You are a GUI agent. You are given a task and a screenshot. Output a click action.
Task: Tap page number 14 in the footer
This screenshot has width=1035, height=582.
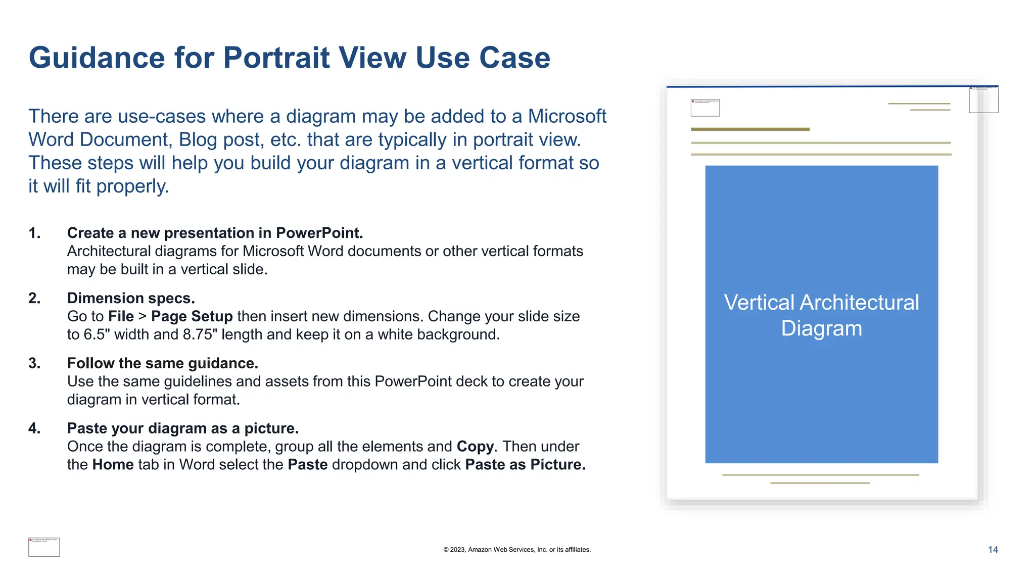coord(993,550)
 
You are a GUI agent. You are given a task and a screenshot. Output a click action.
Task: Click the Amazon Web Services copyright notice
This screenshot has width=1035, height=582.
coord(516,550)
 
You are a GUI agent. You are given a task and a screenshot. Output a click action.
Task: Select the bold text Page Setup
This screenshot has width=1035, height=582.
coord(192,316)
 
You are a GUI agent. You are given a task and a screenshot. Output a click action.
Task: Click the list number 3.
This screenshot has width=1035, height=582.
coord(34,363)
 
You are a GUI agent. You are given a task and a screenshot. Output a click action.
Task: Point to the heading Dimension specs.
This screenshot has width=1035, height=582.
coord(131,298)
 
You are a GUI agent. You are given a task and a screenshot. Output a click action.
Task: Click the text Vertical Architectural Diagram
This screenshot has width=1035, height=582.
coord(821,315)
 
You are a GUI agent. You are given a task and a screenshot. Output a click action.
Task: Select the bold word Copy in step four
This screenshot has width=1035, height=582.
coord(475,447)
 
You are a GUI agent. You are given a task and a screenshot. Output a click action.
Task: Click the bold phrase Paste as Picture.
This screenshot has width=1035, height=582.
coord(525,465)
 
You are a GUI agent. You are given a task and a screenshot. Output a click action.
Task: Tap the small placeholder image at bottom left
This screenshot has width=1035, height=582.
coord(44,547)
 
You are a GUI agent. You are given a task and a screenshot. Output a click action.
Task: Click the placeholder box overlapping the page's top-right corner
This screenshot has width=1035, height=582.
coord(983,100)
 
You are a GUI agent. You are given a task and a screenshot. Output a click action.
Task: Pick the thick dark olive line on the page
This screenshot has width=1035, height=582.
coord(750,129)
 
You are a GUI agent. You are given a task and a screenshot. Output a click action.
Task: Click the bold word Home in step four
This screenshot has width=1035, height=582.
coord(113,465)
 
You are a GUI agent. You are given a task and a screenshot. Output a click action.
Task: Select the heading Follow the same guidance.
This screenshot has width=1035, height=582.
coord(162,363)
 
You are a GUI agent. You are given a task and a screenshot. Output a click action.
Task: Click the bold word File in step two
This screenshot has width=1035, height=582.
coord(121,316)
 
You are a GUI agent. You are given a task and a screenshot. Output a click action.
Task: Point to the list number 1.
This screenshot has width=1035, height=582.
coord(34,233)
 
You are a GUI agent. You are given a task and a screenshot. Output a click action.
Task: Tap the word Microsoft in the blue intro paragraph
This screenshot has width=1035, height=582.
coord(567,116)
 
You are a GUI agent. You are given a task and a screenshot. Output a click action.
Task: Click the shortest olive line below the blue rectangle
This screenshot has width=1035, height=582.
coord(819,483)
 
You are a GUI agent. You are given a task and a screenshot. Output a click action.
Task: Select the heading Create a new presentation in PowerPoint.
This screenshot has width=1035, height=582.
coord(215,233)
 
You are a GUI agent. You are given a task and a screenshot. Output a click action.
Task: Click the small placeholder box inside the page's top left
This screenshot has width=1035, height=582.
coord(705,108)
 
